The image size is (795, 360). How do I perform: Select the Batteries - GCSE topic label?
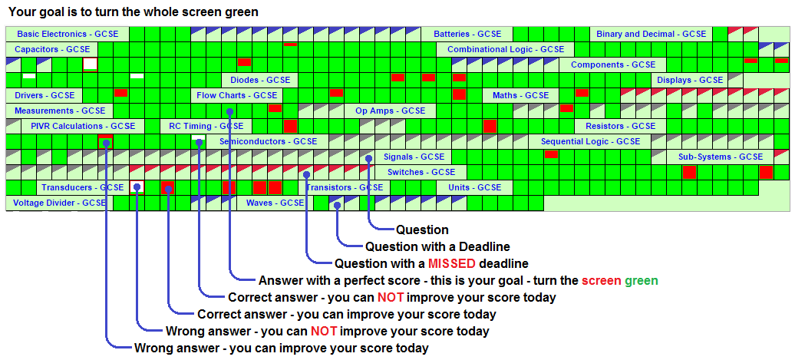tap(467, 34)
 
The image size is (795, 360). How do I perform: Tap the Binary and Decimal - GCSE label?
tap(651, 34)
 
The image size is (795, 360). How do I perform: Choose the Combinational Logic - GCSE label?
tap(505, 49)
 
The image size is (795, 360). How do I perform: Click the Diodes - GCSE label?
tap(260, 80)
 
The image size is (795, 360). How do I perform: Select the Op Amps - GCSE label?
tap(390, 111)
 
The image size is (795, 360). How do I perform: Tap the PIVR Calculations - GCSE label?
tap(83, 126)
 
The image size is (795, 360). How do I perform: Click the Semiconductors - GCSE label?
tap(268, 141)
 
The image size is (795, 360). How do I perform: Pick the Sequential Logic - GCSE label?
tap(590, 141)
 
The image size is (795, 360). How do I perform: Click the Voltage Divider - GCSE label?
tap(60, 203)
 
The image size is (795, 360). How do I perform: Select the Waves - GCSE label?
tap(275, 203)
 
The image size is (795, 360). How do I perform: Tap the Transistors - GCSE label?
tap(344, 187)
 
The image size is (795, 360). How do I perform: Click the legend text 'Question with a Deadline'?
tap(437, 246)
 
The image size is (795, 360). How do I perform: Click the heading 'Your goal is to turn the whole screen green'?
tap(133, 12)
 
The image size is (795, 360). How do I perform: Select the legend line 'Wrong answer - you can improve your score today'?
tap(281, 348)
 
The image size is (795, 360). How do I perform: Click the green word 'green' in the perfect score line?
tap(641, 280)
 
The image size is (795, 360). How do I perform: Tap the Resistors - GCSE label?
tap(620, 126)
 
